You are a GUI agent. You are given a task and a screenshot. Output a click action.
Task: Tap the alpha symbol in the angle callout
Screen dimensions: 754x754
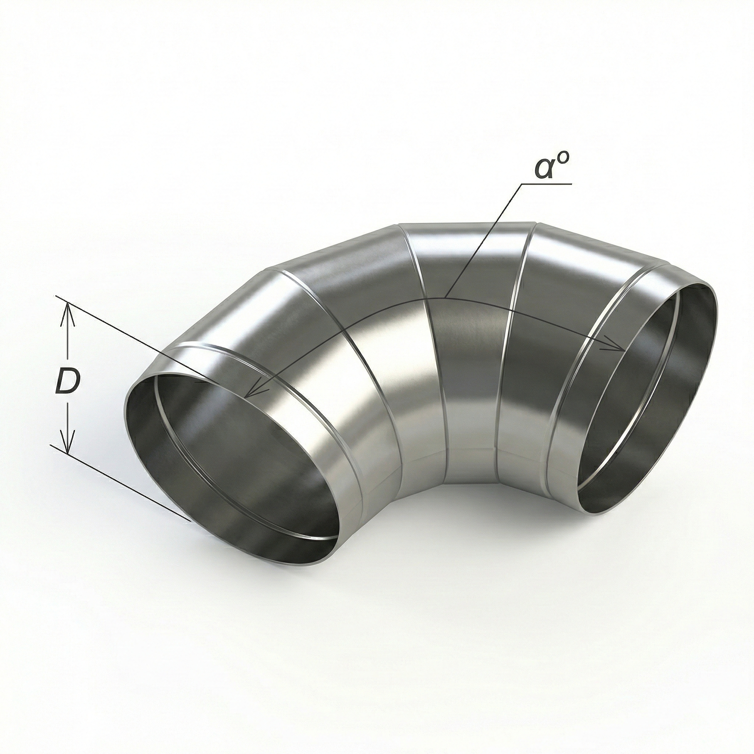click(x=545, y=168)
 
